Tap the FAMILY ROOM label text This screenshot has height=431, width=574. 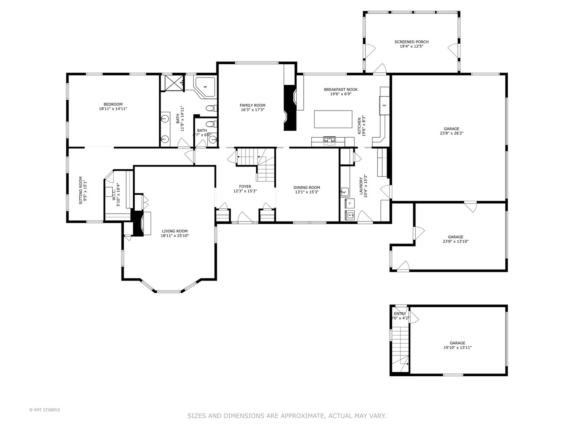[252, 105]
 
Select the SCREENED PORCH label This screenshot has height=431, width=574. [411, 42]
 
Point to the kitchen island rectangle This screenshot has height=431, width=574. [333, 119]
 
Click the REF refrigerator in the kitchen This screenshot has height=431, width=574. [384, 106]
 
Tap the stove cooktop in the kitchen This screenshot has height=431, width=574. [329, 139]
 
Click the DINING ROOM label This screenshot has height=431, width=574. [307, 187]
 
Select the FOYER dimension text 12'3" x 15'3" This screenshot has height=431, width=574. [245, 191]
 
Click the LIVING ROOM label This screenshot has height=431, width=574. [175, 231]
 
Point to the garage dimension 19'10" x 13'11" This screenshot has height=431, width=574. [457, 348]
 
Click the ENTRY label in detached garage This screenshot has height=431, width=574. [400, 314]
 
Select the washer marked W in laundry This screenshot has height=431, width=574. [350, 215]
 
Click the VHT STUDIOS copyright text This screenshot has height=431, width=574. [45, 409]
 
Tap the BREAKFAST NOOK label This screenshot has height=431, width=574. [340, 89]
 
